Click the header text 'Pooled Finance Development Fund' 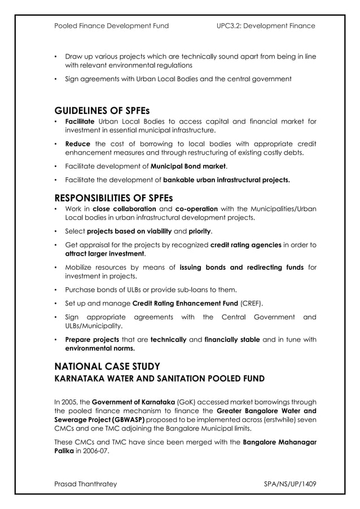pos(111,26)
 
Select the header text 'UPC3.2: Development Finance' pos(266,26)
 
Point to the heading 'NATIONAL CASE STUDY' pos(107,366)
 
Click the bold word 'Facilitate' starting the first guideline pos(80,121)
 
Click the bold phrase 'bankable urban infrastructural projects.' pos(227,181)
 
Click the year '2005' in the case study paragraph pos(73,402)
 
